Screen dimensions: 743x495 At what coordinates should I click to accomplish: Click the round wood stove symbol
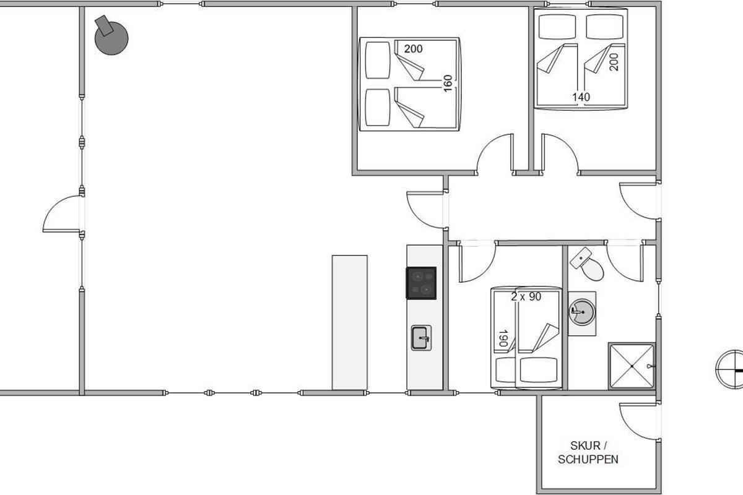coord(111,38)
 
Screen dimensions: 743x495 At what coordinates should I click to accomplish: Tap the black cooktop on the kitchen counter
coord(421,283)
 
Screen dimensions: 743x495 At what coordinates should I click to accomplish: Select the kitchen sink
coord(421,338)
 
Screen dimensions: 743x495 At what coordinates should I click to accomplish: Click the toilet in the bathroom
coord(587,264)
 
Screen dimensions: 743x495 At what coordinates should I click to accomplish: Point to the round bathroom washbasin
coord(582,312)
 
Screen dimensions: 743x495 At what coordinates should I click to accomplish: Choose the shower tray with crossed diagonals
coord(632,366)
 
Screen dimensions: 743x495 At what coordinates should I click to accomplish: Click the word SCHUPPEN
coord(588,460)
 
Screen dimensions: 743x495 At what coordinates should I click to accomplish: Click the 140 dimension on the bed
coord(581,97)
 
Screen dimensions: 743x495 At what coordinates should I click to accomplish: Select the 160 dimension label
coord(448,84)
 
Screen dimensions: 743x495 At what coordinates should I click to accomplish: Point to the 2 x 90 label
coord(526,296)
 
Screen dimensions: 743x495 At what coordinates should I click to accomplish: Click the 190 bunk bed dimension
coord(503,338)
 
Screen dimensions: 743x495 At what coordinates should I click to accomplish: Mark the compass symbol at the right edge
coord(730,369)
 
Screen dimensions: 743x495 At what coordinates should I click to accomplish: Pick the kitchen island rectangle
coord(350,322)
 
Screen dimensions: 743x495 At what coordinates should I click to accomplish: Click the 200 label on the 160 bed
coord(414,49)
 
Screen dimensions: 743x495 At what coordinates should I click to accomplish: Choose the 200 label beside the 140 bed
coord(614,62)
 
